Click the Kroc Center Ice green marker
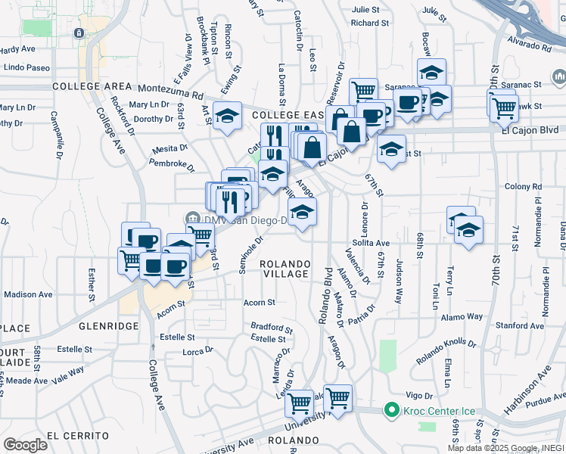pyautogui.click(x=391, y=412)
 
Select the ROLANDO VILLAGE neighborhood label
pyautogui.click(x=285, y=268)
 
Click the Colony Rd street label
pyautogui.click(x=521, y=186)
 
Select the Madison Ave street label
pyautogui.click(x=28, y=294)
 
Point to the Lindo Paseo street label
pyautogui.click(x=26, y=68)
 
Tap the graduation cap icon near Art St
pyautogui.click(x=227, y=117)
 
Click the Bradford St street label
pyautogui.click(x=272, y=329)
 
